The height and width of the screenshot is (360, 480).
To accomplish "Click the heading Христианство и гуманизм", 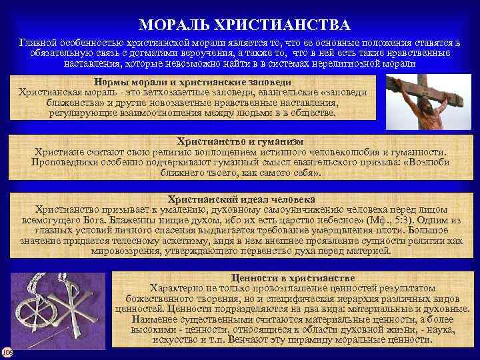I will pyautogui.click(x=241, y=141).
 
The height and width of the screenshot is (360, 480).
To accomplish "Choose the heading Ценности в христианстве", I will pyautogui.click(x=293, y=277).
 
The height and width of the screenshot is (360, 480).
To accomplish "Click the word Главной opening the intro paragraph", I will pyautogui.click(x=39, y=42).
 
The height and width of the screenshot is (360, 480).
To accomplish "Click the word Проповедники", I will pyautogui.click(x=64, y=162).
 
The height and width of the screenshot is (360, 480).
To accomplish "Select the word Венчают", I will pyautogui.click(x=251, y=340).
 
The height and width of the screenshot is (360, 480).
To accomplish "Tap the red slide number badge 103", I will pyautogui.click(x=6, y=352).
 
